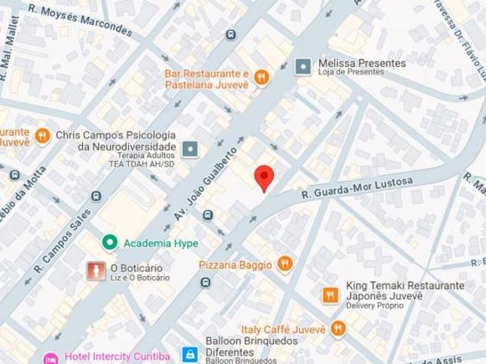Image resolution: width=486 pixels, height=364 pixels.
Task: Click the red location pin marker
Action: pos(264,177)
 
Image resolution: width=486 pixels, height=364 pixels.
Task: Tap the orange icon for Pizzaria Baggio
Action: pos(284,263)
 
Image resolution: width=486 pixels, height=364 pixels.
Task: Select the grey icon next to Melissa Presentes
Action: pos(302,67)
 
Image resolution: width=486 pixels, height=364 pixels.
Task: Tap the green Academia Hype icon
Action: pos(110,243)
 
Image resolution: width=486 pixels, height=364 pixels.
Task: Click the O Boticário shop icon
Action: pos(95,271)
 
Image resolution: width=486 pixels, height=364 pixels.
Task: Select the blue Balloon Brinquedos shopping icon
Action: pos(191,353)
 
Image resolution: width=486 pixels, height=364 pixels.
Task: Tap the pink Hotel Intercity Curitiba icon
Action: pos(51,358)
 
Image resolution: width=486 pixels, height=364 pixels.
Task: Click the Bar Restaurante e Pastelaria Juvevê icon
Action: pos(260,75)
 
